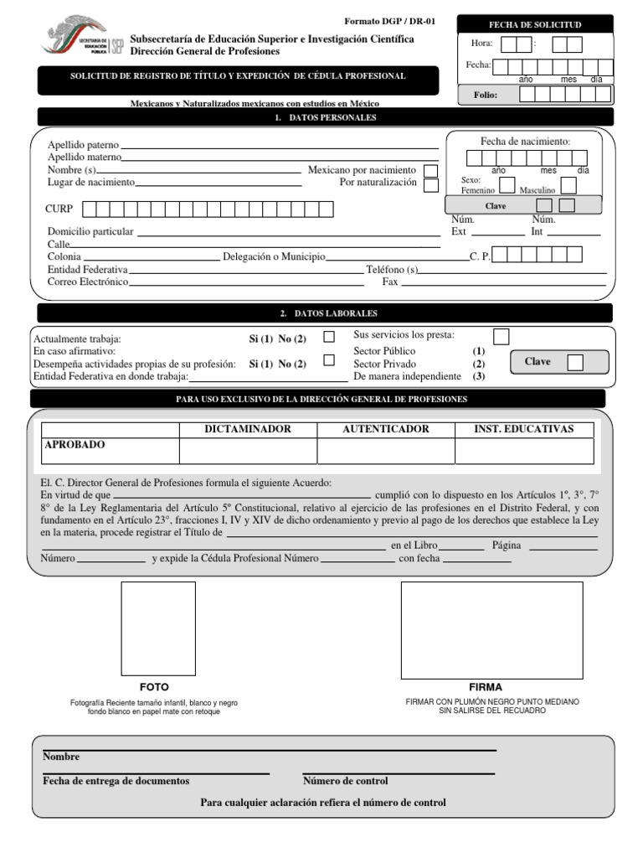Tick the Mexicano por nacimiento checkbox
tap(430, 171)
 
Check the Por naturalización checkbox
tap(430, 185)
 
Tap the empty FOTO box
tap(158, 628)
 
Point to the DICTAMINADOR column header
tap(248, 429)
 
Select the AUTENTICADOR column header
tap(386, 429)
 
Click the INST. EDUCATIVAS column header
tap(524, 429)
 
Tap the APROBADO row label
tap(75, 445)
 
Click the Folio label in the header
tap(486, 96)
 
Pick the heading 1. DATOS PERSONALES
tap(325, 118)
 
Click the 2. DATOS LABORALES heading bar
tap(325, 313)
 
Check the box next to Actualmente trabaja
tap(329, 337)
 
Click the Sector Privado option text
tap(384, 364)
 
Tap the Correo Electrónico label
tap(88, 282)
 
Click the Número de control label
tap(345, 781)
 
